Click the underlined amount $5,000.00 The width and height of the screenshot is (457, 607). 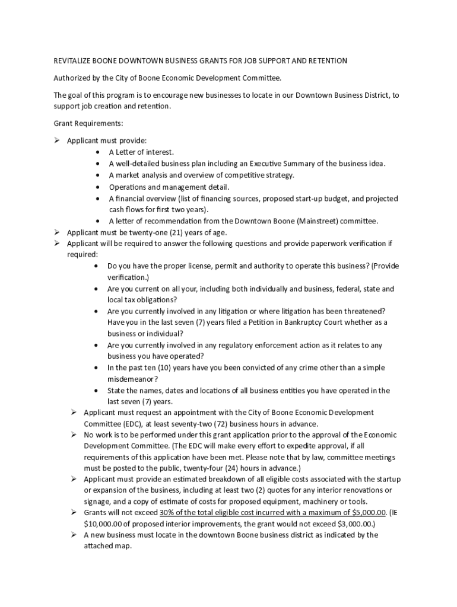click(369, 512)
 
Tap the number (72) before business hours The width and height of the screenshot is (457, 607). click(218, 423)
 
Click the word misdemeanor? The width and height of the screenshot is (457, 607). click(132, 379)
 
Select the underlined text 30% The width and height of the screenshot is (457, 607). click(168, 512)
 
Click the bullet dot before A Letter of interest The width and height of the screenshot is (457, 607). click(97, 152)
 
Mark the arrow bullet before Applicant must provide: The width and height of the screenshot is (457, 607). click(58, 140)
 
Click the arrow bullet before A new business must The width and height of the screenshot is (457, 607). click(74, 535)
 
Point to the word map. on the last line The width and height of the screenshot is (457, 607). click(122, 546)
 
